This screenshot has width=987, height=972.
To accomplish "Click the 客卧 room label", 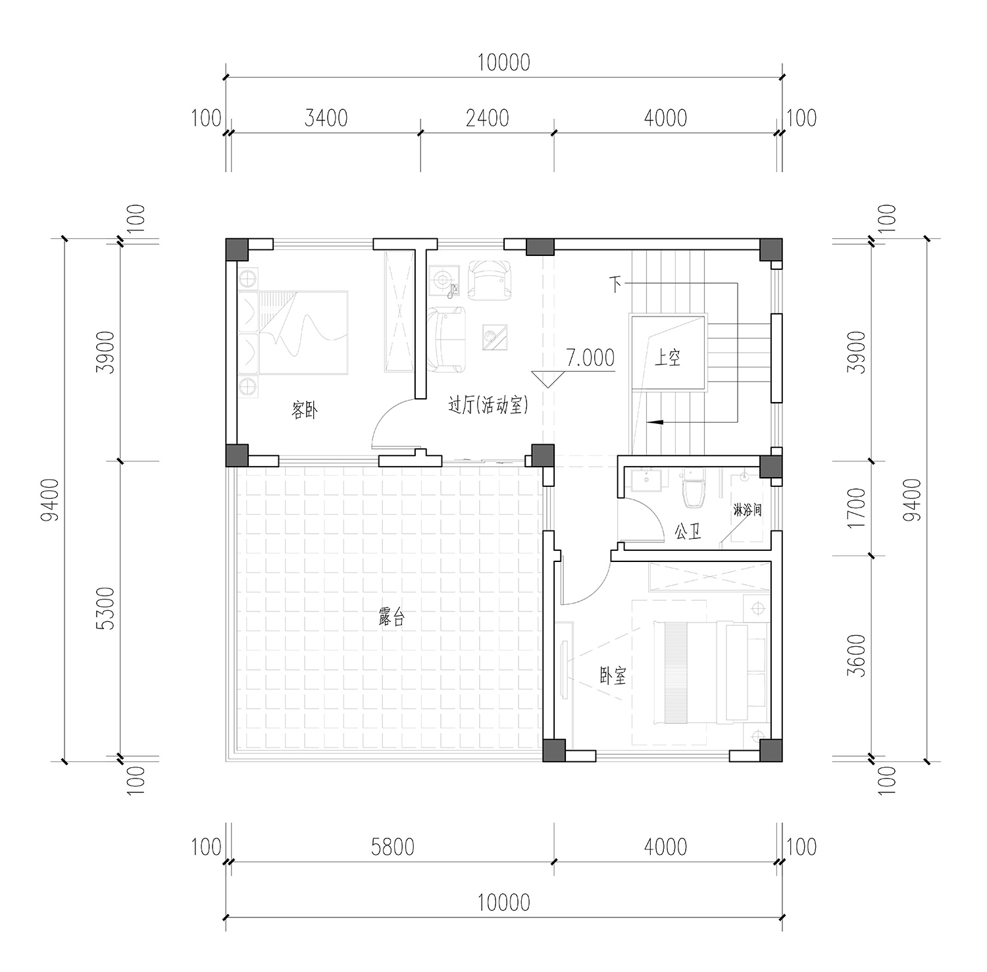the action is click(304, 411).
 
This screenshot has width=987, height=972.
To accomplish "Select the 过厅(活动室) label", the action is click(488, 405).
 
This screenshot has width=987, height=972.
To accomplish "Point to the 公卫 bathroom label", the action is click(688, 532).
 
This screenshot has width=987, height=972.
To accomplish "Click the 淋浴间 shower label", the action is click(747, 510).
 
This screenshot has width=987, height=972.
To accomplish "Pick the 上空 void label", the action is click(667, 359).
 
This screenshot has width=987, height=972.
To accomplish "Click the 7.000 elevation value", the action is click(590, 357).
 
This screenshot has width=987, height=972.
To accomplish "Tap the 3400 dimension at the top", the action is click(326, 118).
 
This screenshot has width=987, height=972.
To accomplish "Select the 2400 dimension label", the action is click(488, 118).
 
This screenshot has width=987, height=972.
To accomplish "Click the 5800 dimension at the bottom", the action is click(392, 846).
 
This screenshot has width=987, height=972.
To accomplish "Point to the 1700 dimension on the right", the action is click(857, 508).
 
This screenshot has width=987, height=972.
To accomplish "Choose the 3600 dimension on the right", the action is click(857, 656).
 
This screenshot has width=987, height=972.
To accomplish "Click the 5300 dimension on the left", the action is click(105, 608).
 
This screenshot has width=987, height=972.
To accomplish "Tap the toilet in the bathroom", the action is click(694, 489).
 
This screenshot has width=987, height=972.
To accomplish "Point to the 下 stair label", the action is click(615, 284).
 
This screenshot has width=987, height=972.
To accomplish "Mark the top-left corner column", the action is click(237, 249).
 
